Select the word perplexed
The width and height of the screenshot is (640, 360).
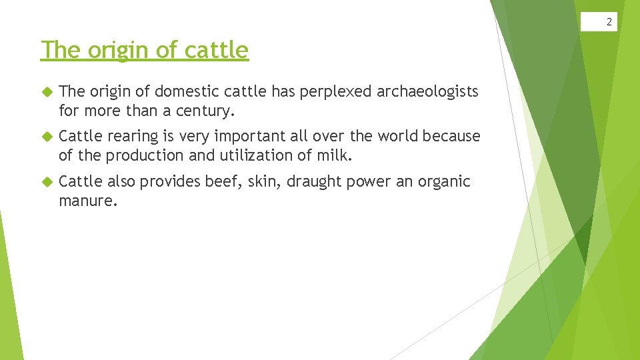337,91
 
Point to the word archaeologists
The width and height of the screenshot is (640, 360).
427,91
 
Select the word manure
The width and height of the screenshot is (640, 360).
88,201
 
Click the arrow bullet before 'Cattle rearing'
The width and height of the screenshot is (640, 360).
47,137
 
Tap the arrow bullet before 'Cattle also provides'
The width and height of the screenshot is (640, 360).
47,182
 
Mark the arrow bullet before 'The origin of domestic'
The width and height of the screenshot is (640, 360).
47,91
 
